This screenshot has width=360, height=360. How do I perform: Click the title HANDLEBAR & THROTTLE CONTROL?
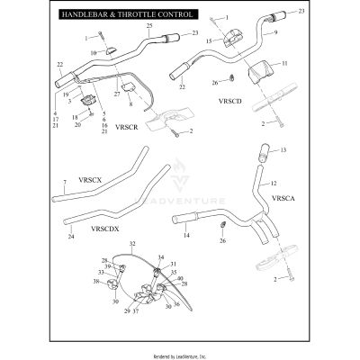(125, 16)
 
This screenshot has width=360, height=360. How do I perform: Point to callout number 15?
(210, 41)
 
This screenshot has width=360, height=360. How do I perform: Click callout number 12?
(274, 183)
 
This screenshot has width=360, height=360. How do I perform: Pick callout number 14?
(187, 236)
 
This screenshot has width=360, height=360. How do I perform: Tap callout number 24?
(71, 237)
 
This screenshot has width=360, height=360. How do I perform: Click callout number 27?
(117, 94)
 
